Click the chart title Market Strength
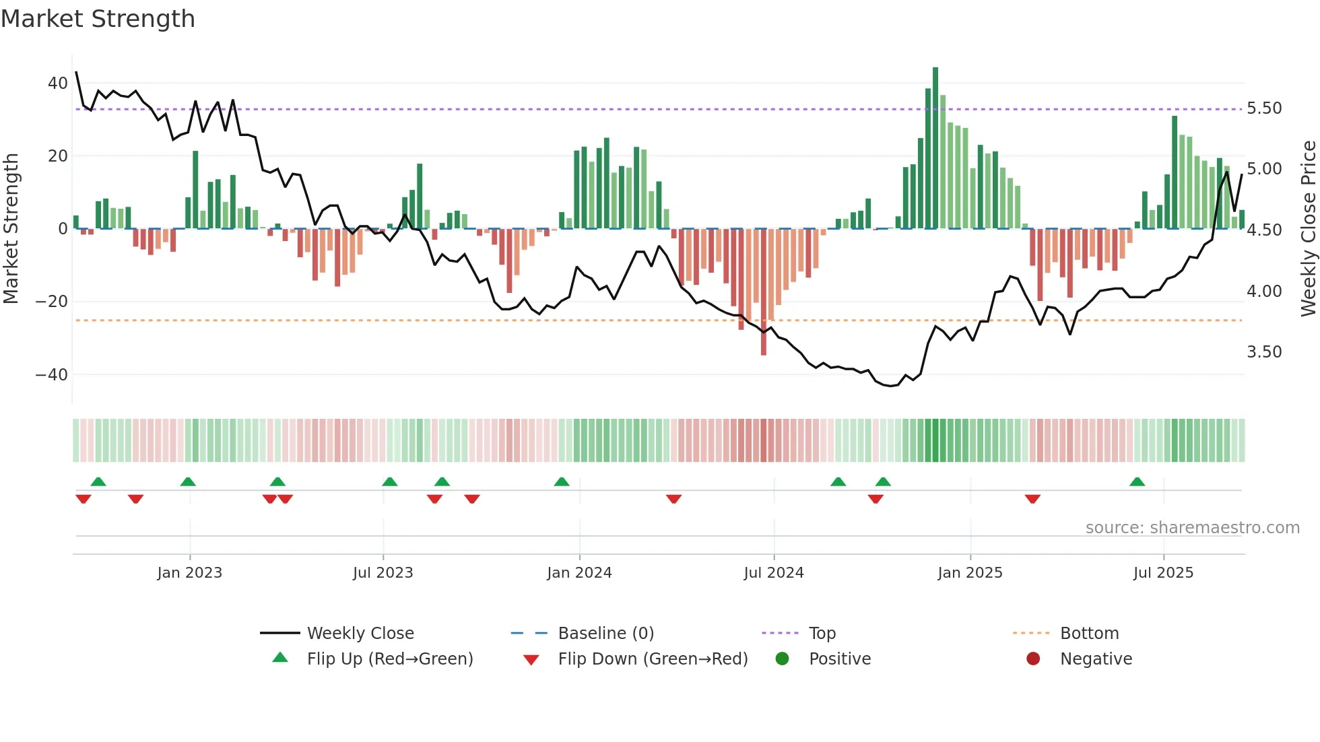click(98, 19)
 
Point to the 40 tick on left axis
click(58, 83)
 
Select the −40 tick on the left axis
click(52, 374)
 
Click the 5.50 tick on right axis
click(1264, 108)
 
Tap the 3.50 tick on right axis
click(1264, 352)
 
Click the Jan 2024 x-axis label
click(579, 573)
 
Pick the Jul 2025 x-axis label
click(1163, 573)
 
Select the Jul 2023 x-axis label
click(383, 573)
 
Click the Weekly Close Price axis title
click(1308, 229)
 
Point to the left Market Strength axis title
click(11, 229)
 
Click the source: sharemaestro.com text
click(1192, 528)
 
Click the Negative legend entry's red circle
click(1033, 659)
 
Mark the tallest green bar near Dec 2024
click(935, 148)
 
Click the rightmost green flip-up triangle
click(1137, 482)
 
